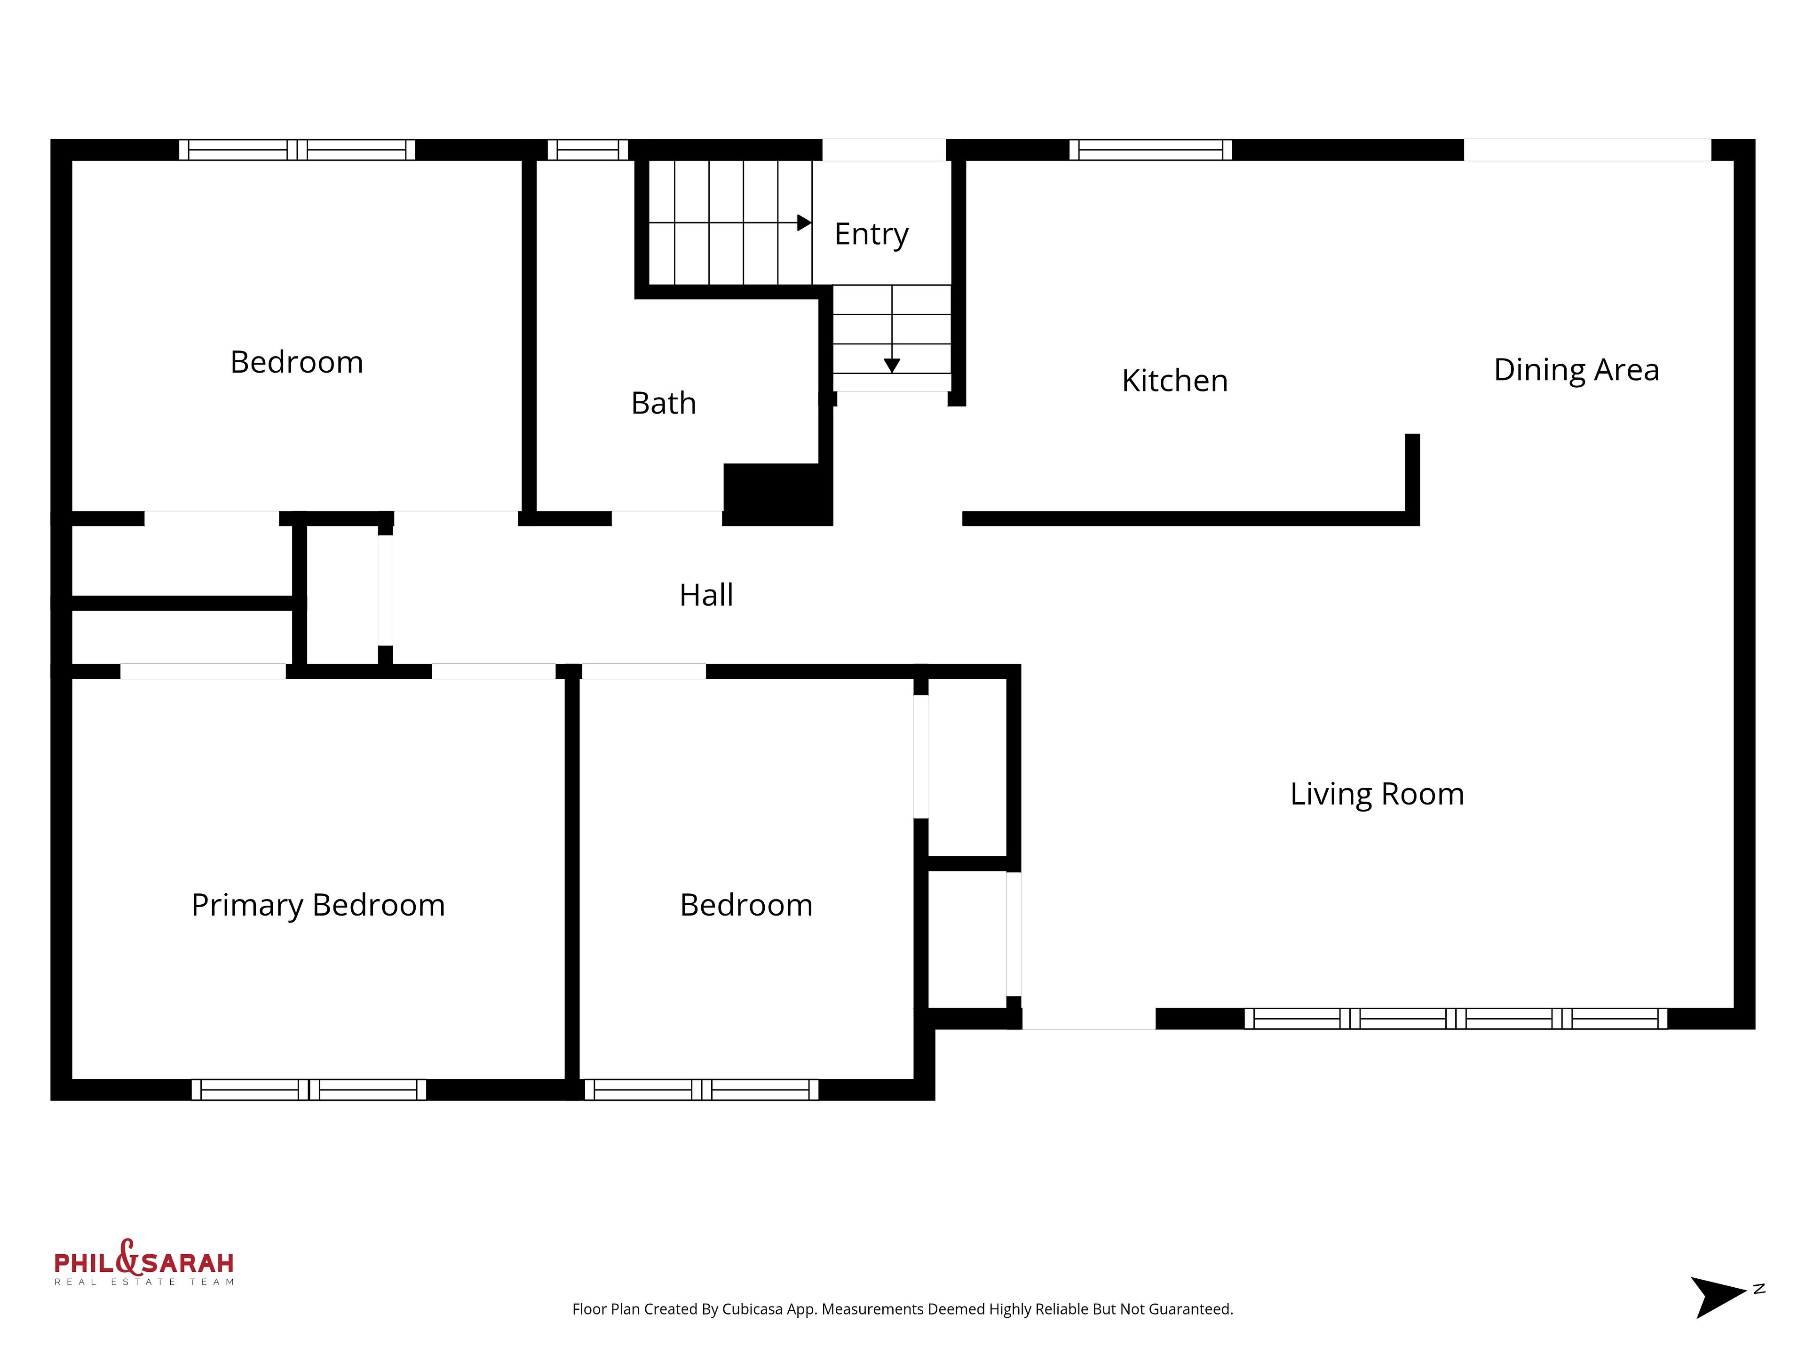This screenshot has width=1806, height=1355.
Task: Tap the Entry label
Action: (871, 234)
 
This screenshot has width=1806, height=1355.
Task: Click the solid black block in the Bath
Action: (777, 494)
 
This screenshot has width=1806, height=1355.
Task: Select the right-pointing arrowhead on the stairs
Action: (804, 222)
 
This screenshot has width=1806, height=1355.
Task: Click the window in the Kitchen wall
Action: (1150, 150)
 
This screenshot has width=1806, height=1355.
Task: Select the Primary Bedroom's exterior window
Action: (309, 1090)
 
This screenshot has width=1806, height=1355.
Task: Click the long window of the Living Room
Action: (1456, 1019)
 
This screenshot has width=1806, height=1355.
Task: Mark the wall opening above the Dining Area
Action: (1587, 150)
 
